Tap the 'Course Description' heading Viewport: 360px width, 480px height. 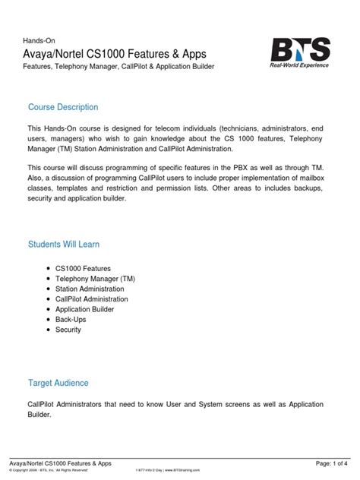coord(63,107)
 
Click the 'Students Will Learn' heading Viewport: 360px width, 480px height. coord(64,245)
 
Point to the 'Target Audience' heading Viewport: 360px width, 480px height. coord(58,383)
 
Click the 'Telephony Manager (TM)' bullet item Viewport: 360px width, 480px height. coord(96,279)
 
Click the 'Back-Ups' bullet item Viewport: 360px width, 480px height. coord(71,320)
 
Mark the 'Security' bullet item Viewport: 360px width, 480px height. coord(68,330)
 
